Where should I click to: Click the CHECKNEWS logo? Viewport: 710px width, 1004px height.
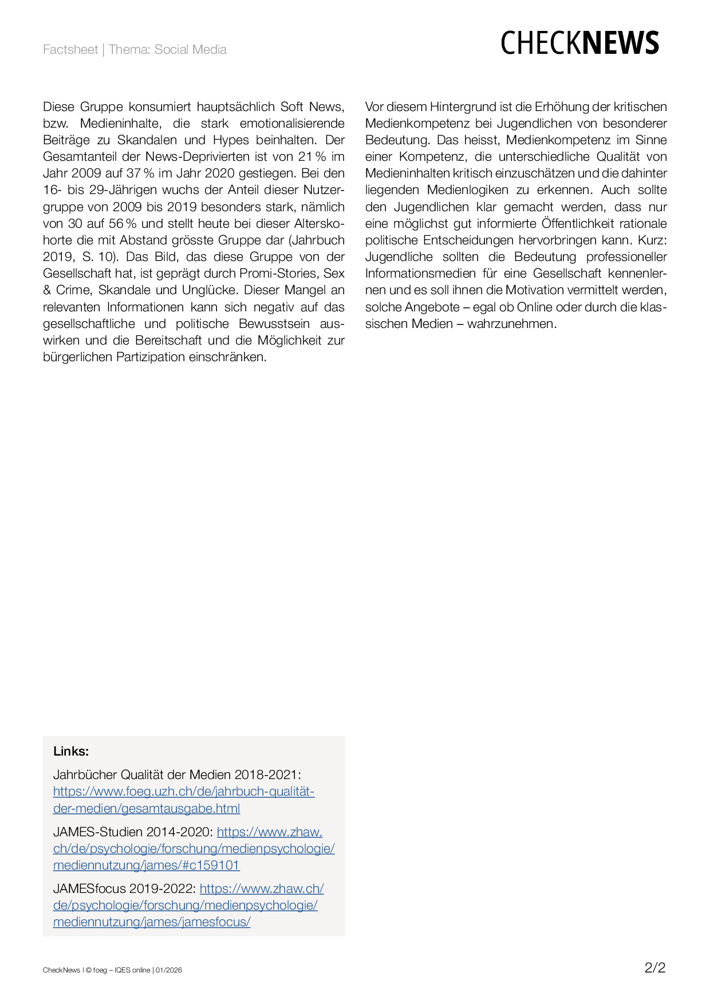pos(579,44)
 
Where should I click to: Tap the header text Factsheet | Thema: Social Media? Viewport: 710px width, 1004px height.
pos(135,50)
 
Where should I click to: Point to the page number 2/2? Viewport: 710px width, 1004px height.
pos(655,968)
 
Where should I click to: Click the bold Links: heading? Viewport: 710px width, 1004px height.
pos(71,751)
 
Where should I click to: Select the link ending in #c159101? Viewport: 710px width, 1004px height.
pos(146,865)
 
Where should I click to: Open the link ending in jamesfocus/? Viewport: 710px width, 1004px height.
pos(152,922)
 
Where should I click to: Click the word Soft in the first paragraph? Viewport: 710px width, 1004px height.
pos(291,107)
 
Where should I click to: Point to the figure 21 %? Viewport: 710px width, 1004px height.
pos(312,157)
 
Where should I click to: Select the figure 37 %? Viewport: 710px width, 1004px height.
pos(140,173)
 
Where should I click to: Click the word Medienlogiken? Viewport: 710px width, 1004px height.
pos(468,190)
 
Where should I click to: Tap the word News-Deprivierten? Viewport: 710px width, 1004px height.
pos(198,157)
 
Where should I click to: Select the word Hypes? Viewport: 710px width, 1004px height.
pos(231,140)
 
